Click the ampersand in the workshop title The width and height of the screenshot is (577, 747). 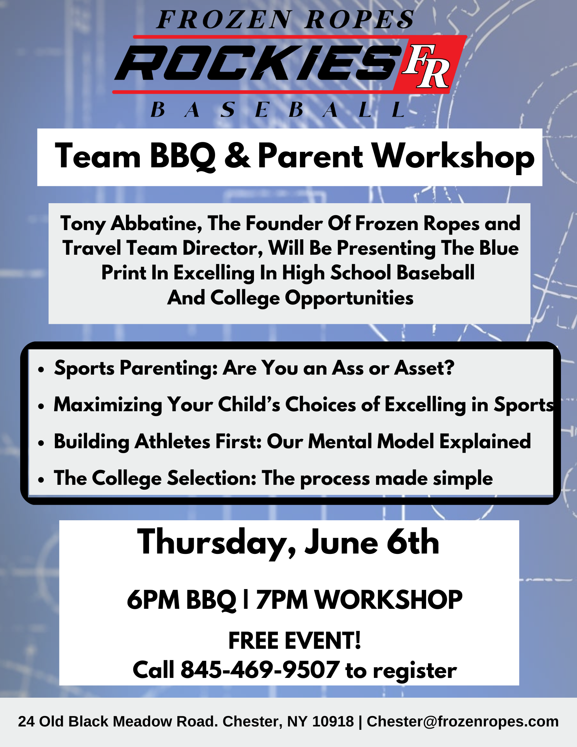click(x=237, y=155)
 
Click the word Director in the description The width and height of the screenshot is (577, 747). click(x=223, y=248)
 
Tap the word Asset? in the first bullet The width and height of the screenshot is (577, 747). click(x=425, y=368)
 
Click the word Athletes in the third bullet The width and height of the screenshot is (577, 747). click(x=173, y=442)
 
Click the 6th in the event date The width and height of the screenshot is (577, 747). click(x=413, y=542)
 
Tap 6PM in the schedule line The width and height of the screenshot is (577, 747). click(x=153, y=600)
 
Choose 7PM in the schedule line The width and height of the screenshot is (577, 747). click(x=282, y=600)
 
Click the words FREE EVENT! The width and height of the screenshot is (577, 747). click(x=295, y=641)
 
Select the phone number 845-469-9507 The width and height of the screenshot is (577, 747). click(x=260, y=670)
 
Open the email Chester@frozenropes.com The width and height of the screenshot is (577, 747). click(x=463, y=722)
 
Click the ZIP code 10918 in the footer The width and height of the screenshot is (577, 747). click(x=333, y=722)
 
